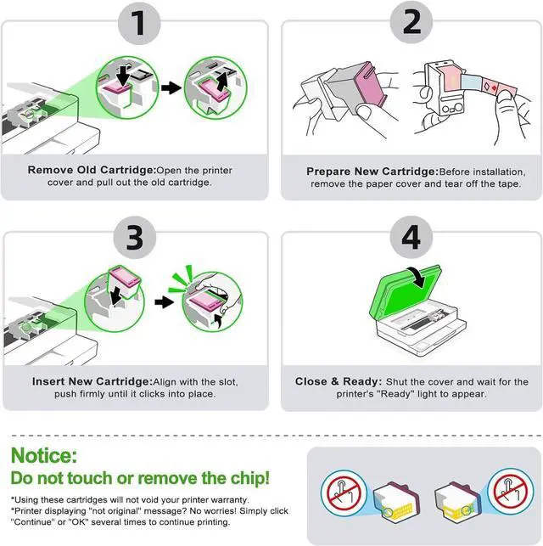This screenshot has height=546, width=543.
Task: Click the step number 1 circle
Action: click(139, 23)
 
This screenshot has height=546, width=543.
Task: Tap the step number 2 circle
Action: click(411, 22)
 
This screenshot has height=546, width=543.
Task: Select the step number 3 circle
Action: click(135, 238)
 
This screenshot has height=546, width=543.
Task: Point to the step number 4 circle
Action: click(411, 237)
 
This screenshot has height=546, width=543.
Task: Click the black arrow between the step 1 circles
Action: click(171, 87)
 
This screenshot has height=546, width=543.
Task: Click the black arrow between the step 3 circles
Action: click(165, 302)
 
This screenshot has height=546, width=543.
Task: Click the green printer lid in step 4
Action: click(406, 295)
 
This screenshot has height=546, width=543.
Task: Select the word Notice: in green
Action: click(44, 455)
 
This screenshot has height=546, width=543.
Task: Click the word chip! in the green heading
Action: click(250, 478)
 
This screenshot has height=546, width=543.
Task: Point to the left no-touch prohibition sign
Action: click(344, 493)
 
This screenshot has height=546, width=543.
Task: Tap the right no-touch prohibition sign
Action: click(511, 492)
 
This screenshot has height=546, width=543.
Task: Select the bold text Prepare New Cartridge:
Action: click(372, 172)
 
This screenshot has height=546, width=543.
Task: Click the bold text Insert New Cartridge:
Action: click(92, 381)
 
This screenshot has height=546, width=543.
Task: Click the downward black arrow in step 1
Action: click(123, 76)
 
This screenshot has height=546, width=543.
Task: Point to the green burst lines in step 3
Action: click(181, 279)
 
